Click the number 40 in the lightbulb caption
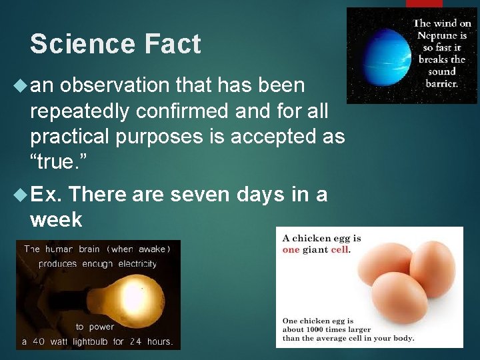point(39,341)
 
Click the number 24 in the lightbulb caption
point(136,341)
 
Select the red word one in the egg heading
point(291,250)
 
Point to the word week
point(56,219)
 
